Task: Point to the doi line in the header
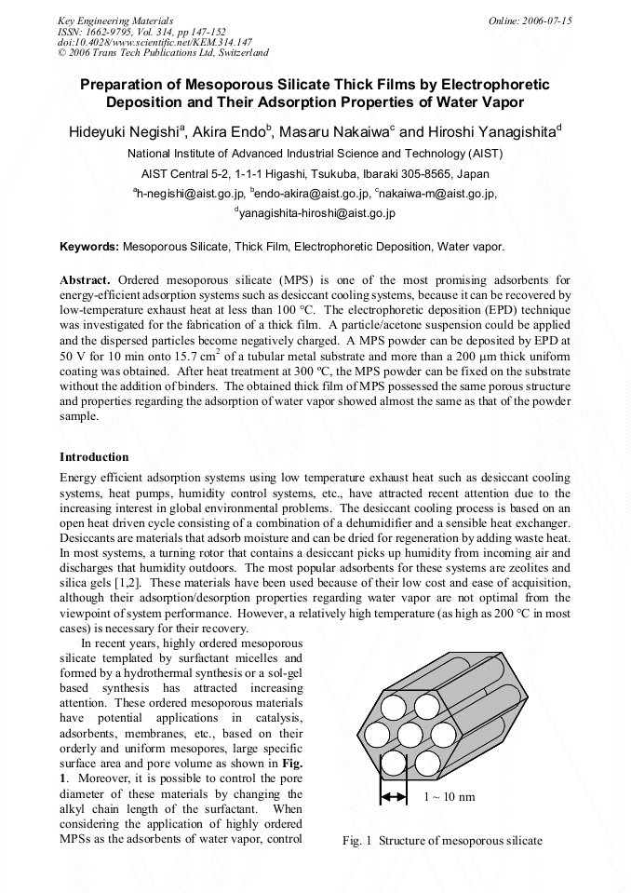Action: pos(154,43)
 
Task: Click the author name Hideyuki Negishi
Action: pos(125,132)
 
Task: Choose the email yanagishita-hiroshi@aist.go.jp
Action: pos(317,213)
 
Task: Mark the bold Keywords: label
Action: pos(89,247)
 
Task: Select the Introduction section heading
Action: pos(94,457)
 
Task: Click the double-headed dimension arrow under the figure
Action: pos(394,797)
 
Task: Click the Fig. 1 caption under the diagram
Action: pos(441,841)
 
